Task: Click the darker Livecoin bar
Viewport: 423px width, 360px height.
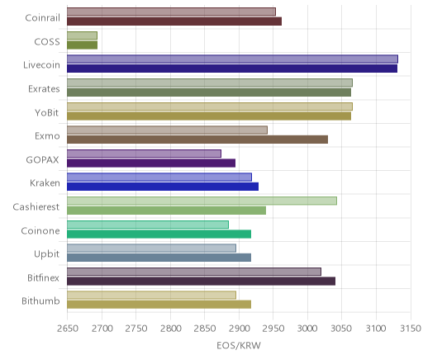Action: (x=232, y=69)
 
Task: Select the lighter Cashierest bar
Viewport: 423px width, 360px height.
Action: (x=202, y=201)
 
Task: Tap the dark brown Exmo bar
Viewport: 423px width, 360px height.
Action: (x=197, y=140)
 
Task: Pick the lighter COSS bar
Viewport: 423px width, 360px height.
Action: (x=82, y=36)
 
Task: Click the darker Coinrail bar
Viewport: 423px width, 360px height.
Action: (x=174, y=21)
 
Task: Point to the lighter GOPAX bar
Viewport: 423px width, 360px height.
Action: (x=144, y=154)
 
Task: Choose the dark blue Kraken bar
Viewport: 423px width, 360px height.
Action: (x=163, y=187)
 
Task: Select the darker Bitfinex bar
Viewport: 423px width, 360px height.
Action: (x=202, y=282)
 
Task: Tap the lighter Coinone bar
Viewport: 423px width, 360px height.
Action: (x=148, y=225)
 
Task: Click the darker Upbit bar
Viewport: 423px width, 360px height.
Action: (x=159, y=258)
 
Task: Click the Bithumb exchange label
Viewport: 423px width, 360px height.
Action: (x=40, y=301)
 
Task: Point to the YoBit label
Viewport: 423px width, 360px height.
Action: (x=47, y=112)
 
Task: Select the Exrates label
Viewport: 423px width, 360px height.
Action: (x=44, y=88)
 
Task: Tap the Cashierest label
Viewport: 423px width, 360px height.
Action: (x=36, y=206)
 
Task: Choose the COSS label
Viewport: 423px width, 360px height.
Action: (x=47, y=41)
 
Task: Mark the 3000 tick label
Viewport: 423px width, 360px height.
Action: (x=307, y=329)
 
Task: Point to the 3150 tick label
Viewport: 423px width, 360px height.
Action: (x=411, y=329)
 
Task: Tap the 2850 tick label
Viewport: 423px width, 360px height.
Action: (x=205, y=329)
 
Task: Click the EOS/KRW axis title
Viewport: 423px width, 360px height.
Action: (x=239, y=345)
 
